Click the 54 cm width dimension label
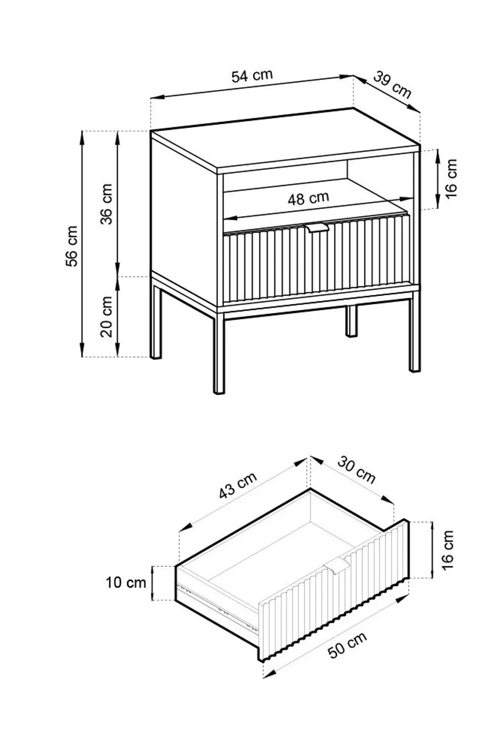(252, 76)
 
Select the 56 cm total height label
(72, 246)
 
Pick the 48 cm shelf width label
(308, 198)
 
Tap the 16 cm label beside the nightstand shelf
(451, 178)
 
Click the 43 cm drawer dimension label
(238, 485)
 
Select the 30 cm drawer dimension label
(357, 470)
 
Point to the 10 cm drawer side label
(126, 582)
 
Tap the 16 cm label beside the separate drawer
(448, 550)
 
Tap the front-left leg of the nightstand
(219, 353)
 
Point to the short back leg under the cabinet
(351, 321)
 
